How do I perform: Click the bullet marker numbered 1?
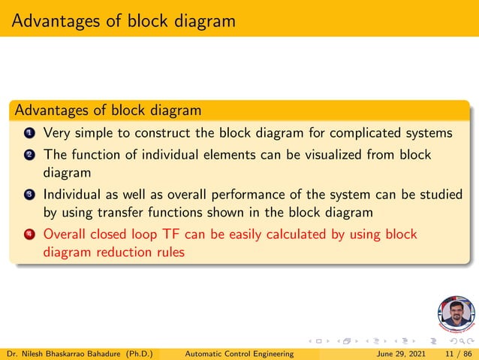click(x=29, y=134)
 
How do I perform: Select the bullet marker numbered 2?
click(x=29, y=155)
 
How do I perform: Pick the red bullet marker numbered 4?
click(x=29, y=235)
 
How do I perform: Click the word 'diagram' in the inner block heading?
click(x=173, y=110)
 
